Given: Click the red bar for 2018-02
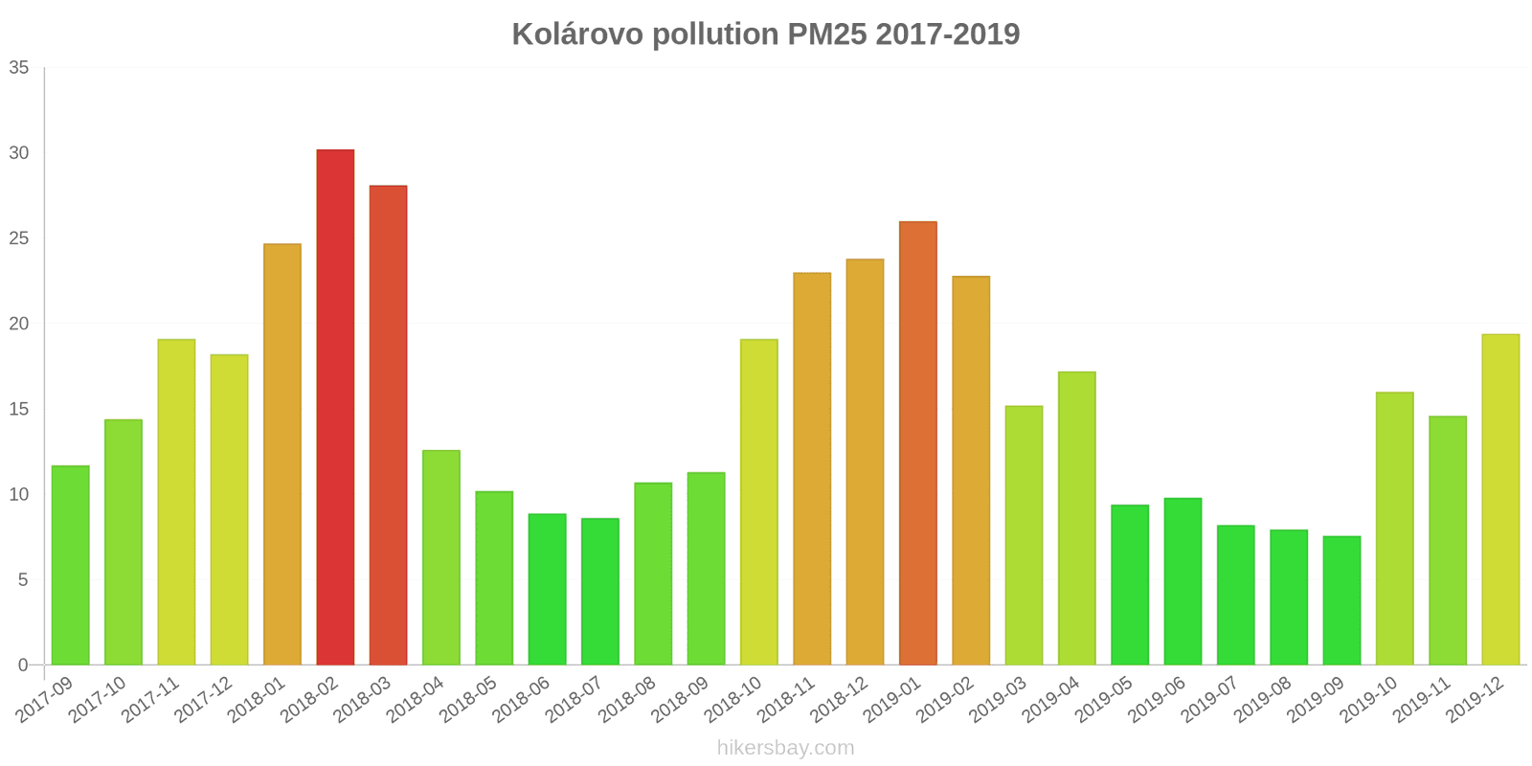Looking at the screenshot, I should pos(335,407).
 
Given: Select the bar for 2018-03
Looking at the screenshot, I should pos(388,425).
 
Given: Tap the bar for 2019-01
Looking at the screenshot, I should pos(917,443).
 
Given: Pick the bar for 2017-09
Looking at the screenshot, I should pos(70,565).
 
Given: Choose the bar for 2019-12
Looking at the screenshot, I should pos(1500,499).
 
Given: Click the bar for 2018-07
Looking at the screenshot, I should pos(599,592).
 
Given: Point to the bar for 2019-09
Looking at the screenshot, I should pos(1341,600).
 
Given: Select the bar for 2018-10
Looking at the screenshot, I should pos(758,502).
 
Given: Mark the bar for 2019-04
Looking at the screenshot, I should pos(1076,518).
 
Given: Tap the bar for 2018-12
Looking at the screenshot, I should pos(865,462).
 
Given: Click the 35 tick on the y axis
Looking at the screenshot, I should pos(19,68).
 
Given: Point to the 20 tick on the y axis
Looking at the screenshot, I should pos(19,324).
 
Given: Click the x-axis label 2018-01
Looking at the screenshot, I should pos(257,701).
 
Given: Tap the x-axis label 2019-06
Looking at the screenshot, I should pos(1157,701).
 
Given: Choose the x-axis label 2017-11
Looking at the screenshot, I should pos(150,701).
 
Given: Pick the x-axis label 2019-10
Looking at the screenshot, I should pos(1368,701).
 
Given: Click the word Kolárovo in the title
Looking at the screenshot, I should pos(577,34).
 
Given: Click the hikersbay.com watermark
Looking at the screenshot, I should pos(785,748).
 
